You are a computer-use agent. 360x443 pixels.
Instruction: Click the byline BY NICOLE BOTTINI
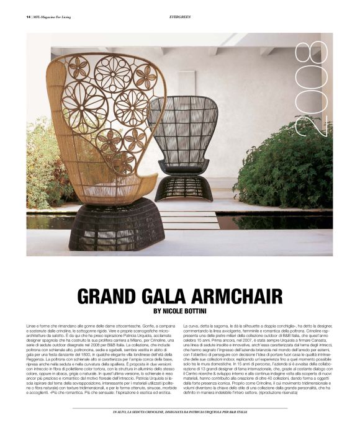point(180,312)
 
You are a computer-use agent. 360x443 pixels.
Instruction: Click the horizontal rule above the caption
point(179,408)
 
